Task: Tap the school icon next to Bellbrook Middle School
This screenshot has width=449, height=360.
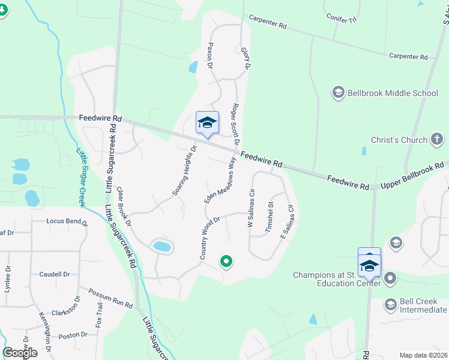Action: click(338, 93)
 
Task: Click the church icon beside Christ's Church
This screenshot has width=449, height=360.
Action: click(438, 140)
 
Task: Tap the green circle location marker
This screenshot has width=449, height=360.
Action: click(226, 261)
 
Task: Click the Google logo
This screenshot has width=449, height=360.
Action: click(20, 353)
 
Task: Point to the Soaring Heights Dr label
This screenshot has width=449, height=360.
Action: click(184, 171)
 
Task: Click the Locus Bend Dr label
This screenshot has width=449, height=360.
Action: click(67, 221)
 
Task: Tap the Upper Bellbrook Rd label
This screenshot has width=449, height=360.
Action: click(415, 175)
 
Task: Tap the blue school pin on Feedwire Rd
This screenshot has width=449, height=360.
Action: click(207, 124)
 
